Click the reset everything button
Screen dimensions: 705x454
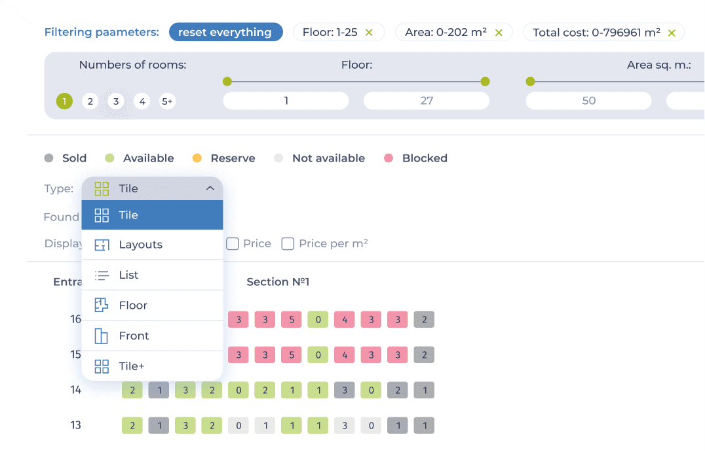click(225, 32)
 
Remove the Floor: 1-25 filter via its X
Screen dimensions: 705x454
click(369, 32)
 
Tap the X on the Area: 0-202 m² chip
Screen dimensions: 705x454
click(499, 32)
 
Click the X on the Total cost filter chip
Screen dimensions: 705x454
click(672, 33)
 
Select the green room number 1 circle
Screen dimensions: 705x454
click(64, 101)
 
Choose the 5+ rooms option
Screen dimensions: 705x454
click(167, 101)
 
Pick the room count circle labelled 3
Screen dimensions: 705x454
click(116, 101)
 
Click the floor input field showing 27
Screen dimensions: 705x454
click(427, 101)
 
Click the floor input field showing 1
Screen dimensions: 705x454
click(286, 101)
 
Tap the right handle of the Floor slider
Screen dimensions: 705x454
click(485, 81)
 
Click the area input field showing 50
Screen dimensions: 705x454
click(588, 101)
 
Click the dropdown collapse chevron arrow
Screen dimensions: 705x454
click(210, 188)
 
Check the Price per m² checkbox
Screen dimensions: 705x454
click(288, 243)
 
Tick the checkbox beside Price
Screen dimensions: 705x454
click(233, 243)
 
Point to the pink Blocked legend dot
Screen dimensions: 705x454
click(389, 158)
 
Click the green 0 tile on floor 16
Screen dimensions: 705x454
click(318, 319)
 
